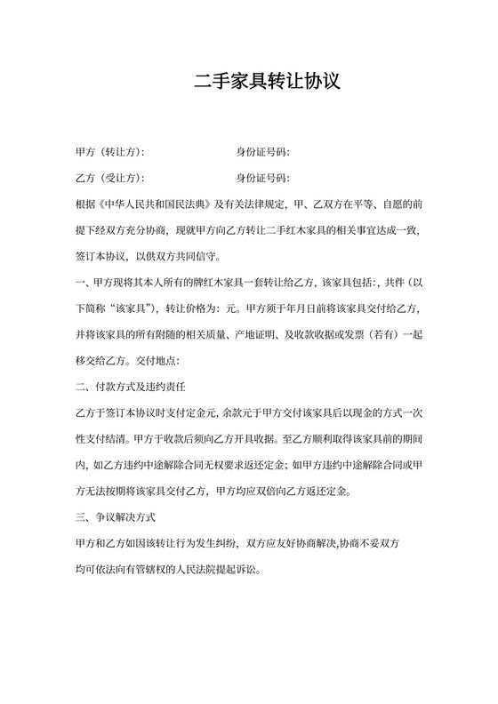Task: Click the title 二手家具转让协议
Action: tap(267, 83)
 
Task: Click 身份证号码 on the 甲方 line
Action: tap(262, 152)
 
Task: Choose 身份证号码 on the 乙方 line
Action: tap(262, 177)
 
